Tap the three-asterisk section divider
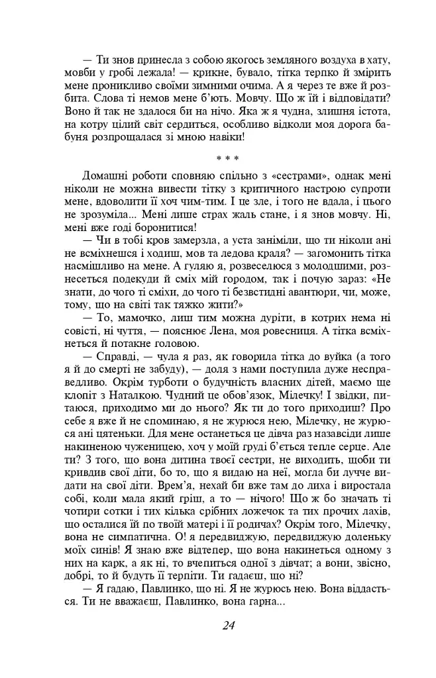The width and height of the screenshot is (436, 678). point(227,158)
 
